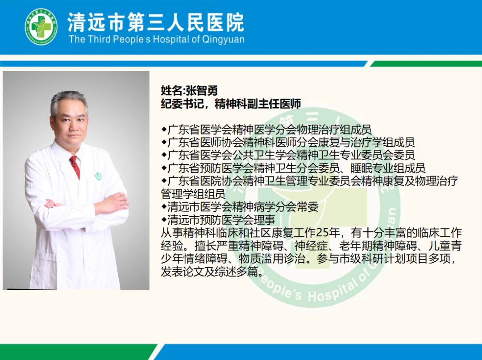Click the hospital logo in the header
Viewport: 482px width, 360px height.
41,27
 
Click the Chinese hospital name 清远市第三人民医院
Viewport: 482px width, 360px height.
156,22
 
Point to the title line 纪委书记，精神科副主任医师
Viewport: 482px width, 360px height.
231,104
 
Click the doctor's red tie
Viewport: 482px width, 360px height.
75,167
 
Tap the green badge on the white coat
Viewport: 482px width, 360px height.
98,176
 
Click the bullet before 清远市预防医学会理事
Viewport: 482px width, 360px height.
164,220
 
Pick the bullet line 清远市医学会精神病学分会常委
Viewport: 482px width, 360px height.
240,207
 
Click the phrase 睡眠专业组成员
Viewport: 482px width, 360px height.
388,168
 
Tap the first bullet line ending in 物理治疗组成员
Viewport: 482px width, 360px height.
266,130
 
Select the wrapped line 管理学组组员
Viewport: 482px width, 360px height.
193,194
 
